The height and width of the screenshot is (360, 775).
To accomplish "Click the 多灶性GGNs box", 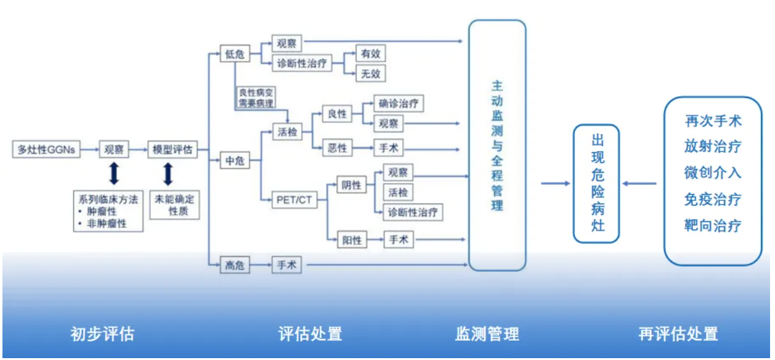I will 47,149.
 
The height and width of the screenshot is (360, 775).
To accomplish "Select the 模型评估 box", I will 172,149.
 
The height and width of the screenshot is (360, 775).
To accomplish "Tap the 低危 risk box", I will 235,54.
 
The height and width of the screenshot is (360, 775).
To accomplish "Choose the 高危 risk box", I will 235,266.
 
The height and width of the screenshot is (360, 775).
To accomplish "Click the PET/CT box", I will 295,200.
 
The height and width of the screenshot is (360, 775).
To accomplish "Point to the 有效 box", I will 370,54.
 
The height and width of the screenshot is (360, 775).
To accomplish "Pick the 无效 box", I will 370,74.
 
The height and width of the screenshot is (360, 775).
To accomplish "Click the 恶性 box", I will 337,148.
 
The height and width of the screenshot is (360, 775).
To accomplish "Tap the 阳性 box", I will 352,240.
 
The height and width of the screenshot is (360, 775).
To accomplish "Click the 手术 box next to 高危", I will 287,266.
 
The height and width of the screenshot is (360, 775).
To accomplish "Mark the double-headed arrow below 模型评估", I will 168,174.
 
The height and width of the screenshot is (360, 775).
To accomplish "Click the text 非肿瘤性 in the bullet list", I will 106,224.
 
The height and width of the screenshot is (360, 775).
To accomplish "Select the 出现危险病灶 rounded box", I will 596,183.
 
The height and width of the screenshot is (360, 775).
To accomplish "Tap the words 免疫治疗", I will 712,199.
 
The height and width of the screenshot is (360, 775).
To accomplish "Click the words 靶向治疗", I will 712,226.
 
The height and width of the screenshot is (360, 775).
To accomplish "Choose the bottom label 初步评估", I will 102,334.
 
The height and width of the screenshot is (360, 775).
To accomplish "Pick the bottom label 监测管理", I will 487,334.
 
